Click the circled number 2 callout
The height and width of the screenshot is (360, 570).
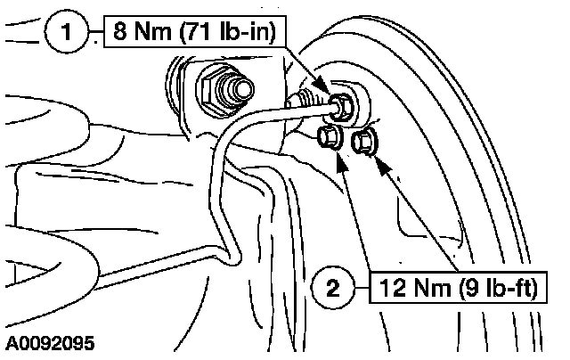[332, 287]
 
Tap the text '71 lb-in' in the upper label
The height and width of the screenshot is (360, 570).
[234, 34]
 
